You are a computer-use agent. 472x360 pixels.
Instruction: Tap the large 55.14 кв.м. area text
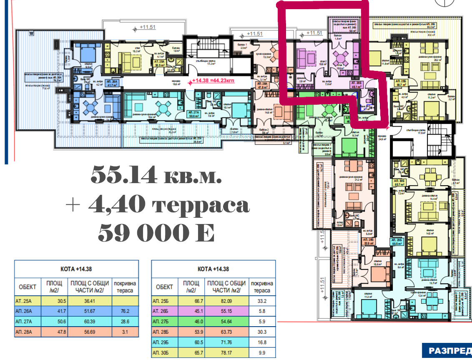click(156, 176)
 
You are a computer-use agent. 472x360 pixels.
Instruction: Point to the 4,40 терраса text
click(158, 205)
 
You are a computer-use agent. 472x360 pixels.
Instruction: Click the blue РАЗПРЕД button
click(446, 350)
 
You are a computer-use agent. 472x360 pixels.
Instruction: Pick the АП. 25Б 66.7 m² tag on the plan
click(402, 82)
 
